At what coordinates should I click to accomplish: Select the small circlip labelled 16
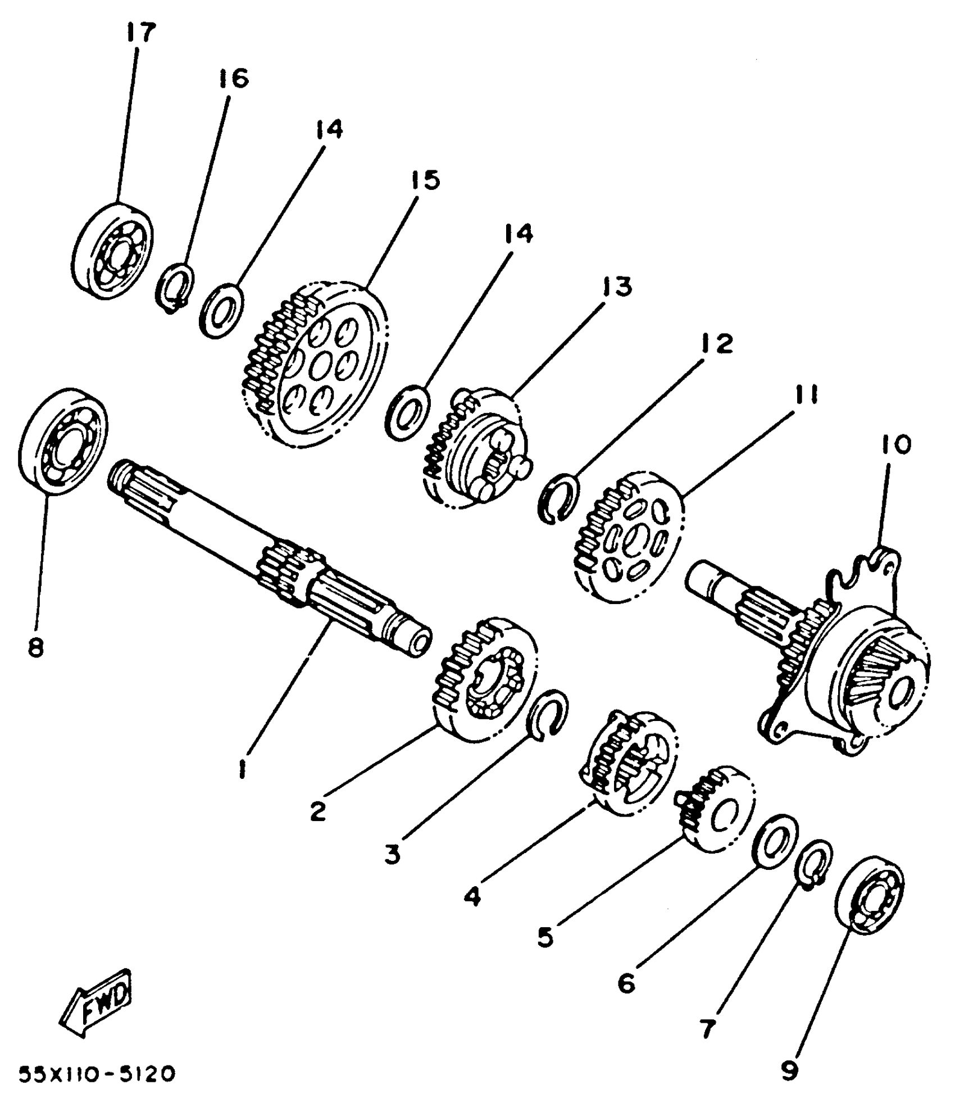175,287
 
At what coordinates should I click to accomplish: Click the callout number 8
35,648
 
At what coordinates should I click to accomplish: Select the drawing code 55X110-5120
97,1074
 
